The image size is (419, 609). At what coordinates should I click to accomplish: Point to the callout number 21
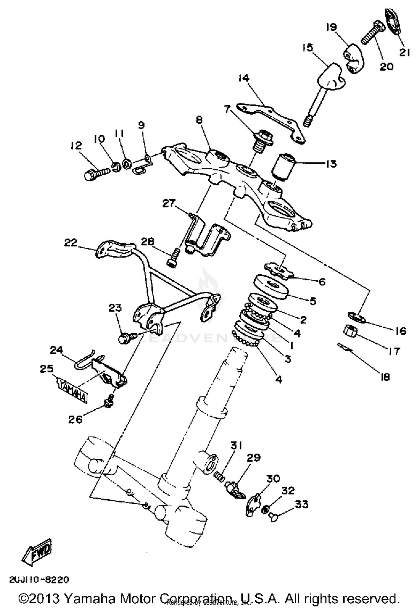[x=404, y=52]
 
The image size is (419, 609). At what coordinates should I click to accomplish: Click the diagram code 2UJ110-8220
[x=39, y=580]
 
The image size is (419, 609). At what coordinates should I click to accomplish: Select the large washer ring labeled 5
[x=270, y=287]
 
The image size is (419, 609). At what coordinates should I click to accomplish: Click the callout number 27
[x=169, y=203]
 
